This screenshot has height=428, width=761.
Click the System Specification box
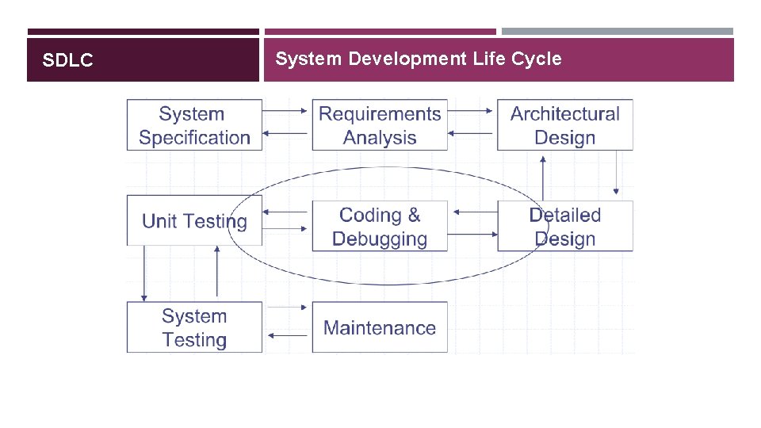[194, 125]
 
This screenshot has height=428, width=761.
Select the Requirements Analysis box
[380, 125]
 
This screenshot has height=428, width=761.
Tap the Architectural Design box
[565, 125]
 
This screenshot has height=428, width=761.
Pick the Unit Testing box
[194, 221]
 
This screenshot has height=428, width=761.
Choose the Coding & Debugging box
[380, 226]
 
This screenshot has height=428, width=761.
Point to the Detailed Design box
[565, 226]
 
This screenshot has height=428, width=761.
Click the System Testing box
[194, 327]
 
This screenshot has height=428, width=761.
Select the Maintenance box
[380, 327]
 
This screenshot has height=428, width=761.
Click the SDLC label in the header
[68, 60]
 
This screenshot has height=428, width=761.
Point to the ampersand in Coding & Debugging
[414, 215]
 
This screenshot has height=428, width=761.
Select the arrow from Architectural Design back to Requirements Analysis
[472, 133]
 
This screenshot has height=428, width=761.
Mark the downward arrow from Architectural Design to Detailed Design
[616, 174]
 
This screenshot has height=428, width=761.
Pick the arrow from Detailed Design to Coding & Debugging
[472, 212]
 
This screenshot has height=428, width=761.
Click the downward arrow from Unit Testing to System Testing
[143, 273]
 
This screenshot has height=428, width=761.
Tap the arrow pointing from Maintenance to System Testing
[286, 335]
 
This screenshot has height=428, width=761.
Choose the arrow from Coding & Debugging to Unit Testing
[286, 212]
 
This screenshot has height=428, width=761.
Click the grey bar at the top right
[618, 32]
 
